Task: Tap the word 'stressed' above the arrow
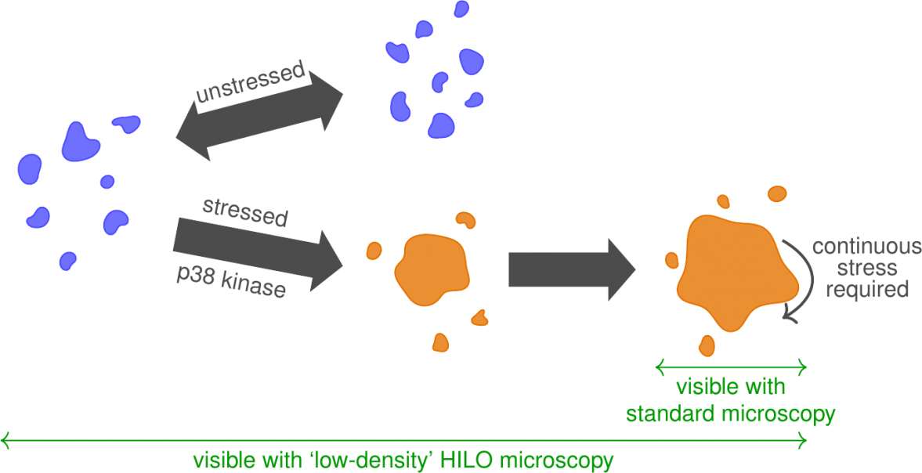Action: coord(244,211)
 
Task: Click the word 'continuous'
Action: coord(866,247)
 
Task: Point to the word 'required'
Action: coord(866,289)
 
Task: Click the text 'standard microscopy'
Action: coord(730,413)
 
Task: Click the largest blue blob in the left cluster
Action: coord(81,141)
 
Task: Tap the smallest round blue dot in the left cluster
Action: coord(107,182)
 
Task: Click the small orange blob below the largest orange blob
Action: coord(707,345)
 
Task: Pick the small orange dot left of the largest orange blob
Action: coord(671,260)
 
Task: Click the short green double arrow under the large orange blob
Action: coord(730,366)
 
